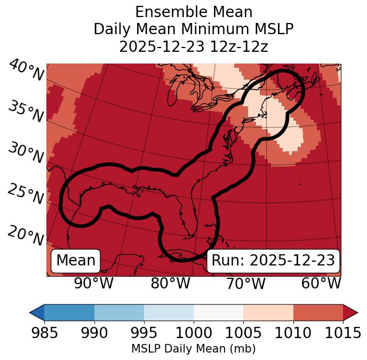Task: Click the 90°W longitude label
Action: (93, 284)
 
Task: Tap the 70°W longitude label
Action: (246, 284)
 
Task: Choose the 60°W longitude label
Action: (321, 284)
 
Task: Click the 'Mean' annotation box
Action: (76, 261)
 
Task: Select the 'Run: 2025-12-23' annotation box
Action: (273, 261)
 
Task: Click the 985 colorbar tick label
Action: (45, 333)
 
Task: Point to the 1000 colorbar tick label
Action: (194, 333)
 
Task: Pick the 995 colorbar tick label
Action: (144, 333)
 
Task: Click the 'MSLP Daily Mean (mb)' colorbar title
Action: (194, 349)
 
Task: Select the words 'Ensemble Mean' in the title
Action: (194, 12)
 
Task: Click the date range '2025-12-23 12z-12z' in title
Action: (194, 46)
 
